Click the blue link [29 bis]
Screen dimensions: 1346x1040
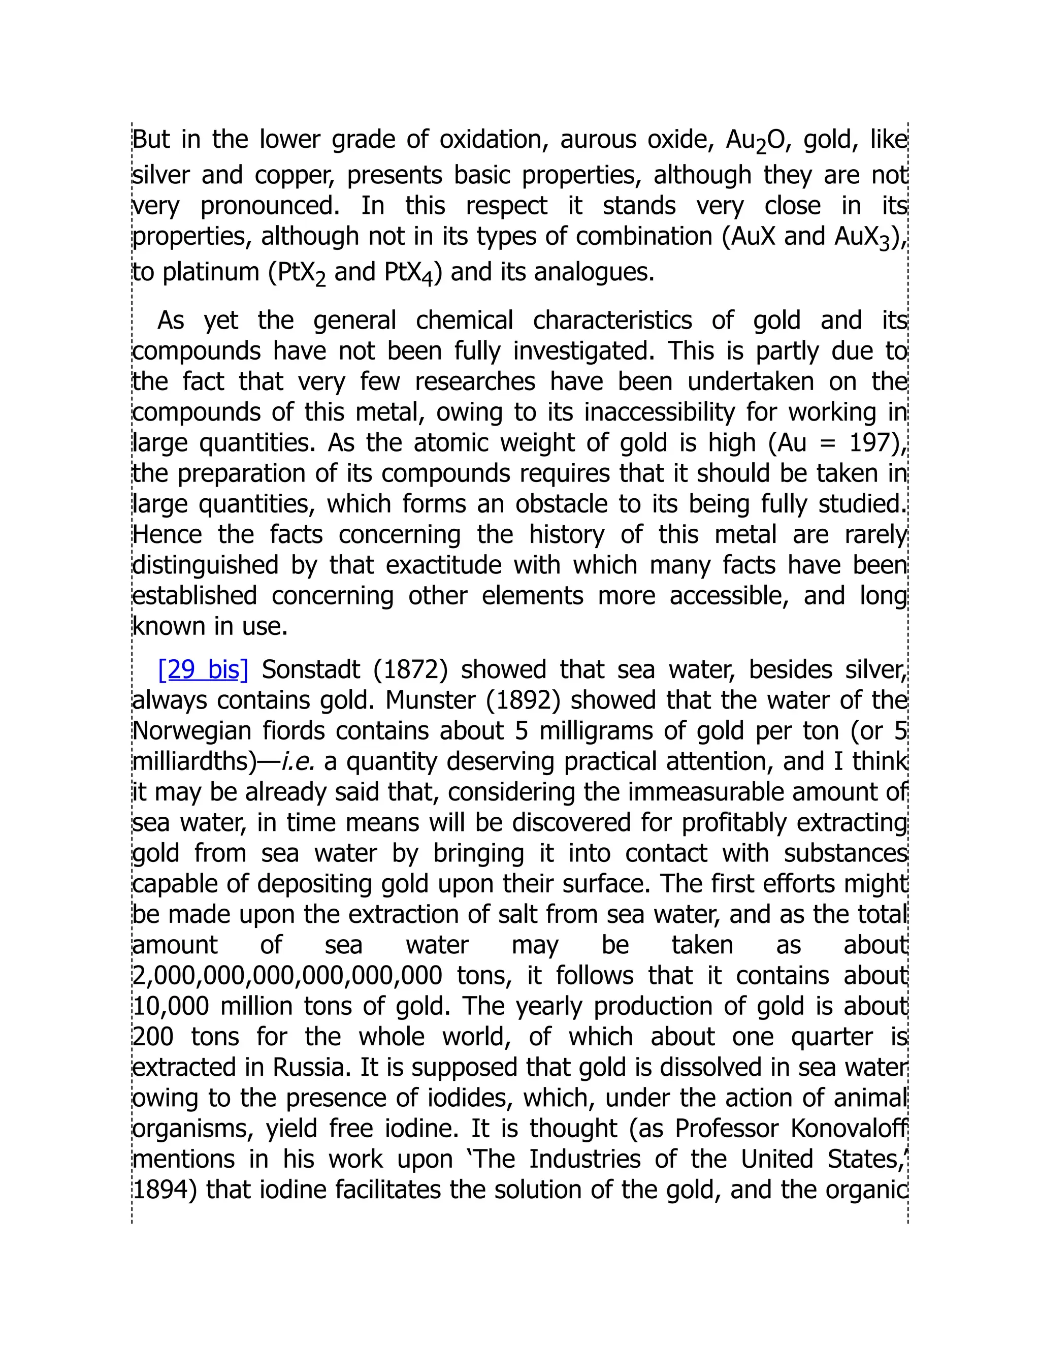point(203,670)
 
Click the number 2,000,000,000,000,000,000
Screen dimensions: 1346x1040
point(287,976)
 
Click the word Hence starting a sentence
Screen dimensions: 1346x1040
point(167,534)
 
